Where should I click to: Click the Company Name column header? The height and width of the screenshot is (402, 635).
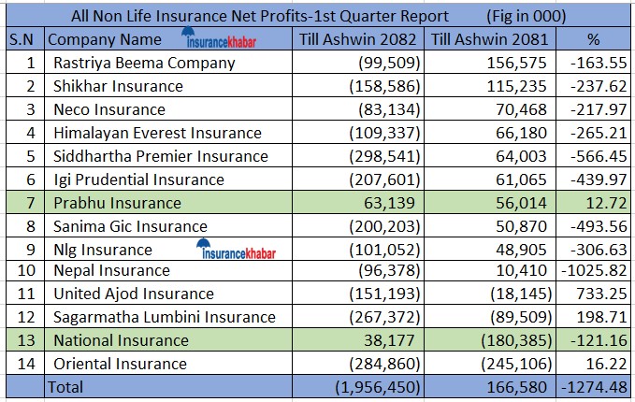click(103, 40)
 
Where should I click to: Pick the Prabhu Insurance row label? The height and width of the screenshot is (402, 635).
click(117, 202)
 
